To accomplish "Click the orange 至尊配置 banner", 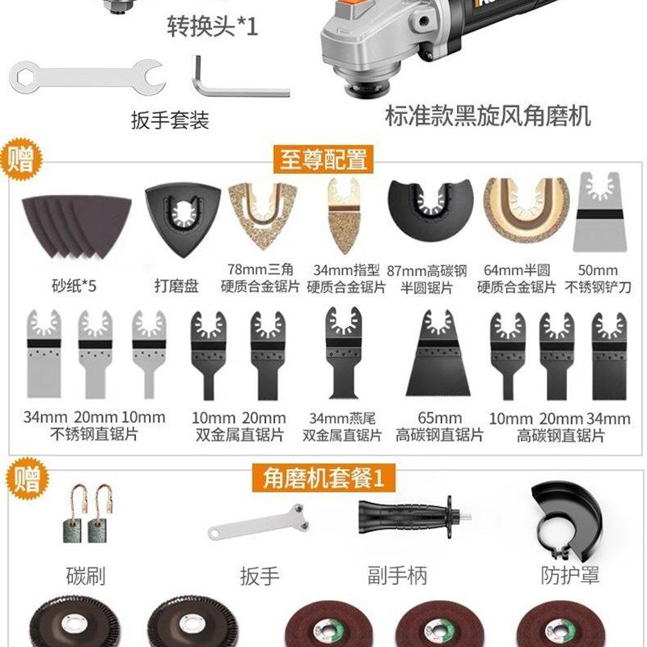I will click(323, 159).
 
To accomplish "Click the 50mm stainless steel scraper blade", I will click(599, 212).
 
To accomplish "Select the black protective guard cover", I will click(565, 518).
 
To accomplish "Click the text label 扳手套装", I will click(170, 121).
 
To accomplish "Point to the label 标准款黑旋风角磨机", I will click(488, 115).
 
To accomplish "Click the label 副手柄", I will click(395, 576).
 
